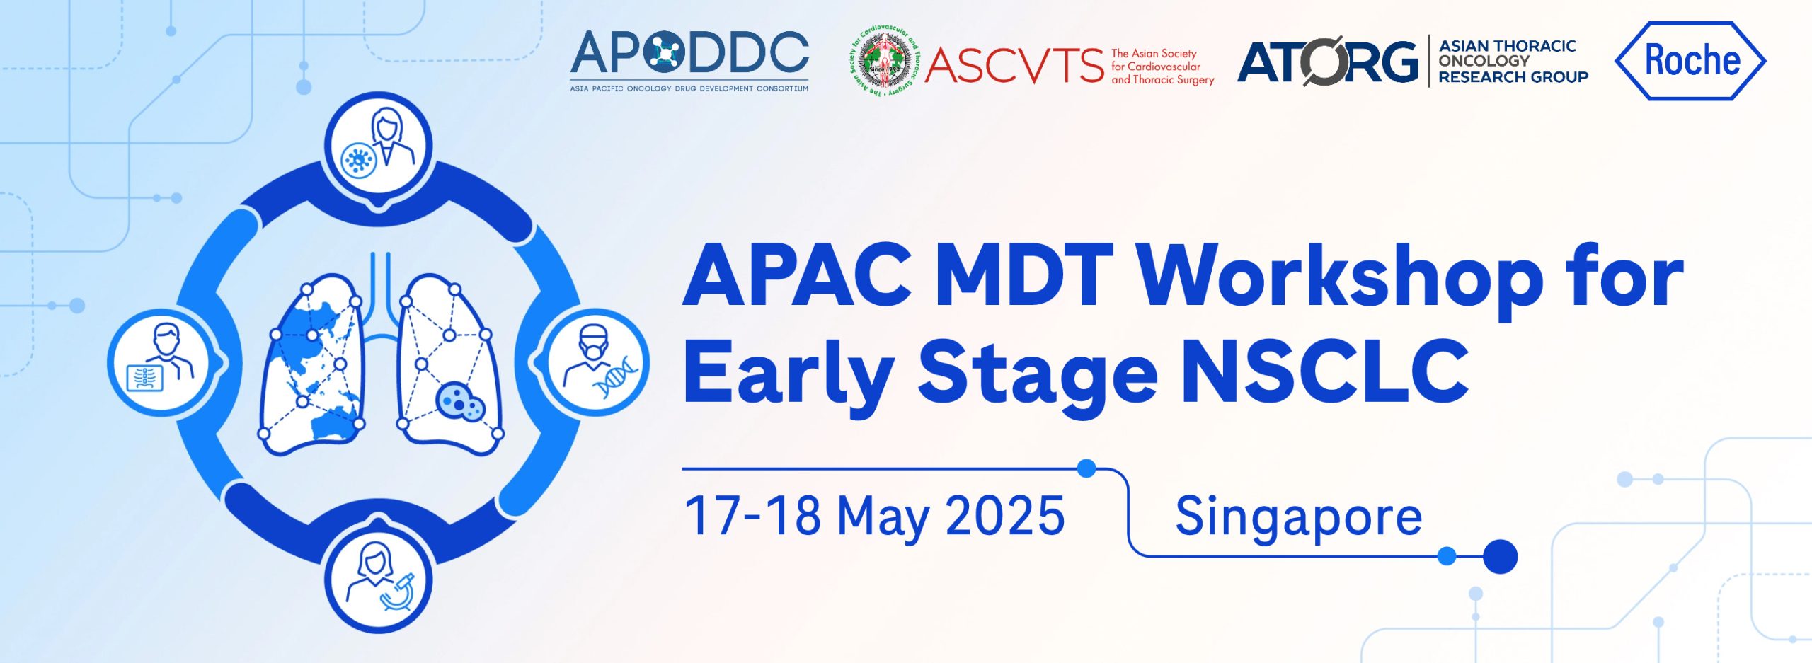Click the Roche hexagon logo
tap(1690, 61)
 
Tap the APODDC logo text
tap(689, 53)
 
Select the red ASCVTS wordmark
tap(1014, 66)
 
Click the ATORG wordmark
tap(1328, 62)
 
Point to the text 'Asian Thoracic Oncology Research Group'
tap(1513, 62)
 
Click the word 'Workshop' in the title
tap(1341, 278)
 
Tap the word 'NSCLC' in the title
tap(1325, 371)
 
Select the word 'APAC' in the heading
tap(798, 275)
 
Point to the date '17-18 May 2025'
tap(875, 517)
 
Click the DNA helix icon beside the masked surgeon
tap(617, 376)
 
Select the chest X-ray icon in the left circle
tap(144, 379)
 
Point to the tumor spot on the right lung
tap(460, 402)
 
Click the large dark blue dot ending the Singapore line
tap(1500, 556)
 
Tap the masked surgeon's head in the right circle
tap(594, 340)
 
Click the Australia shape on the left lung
tap(333, 423)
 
